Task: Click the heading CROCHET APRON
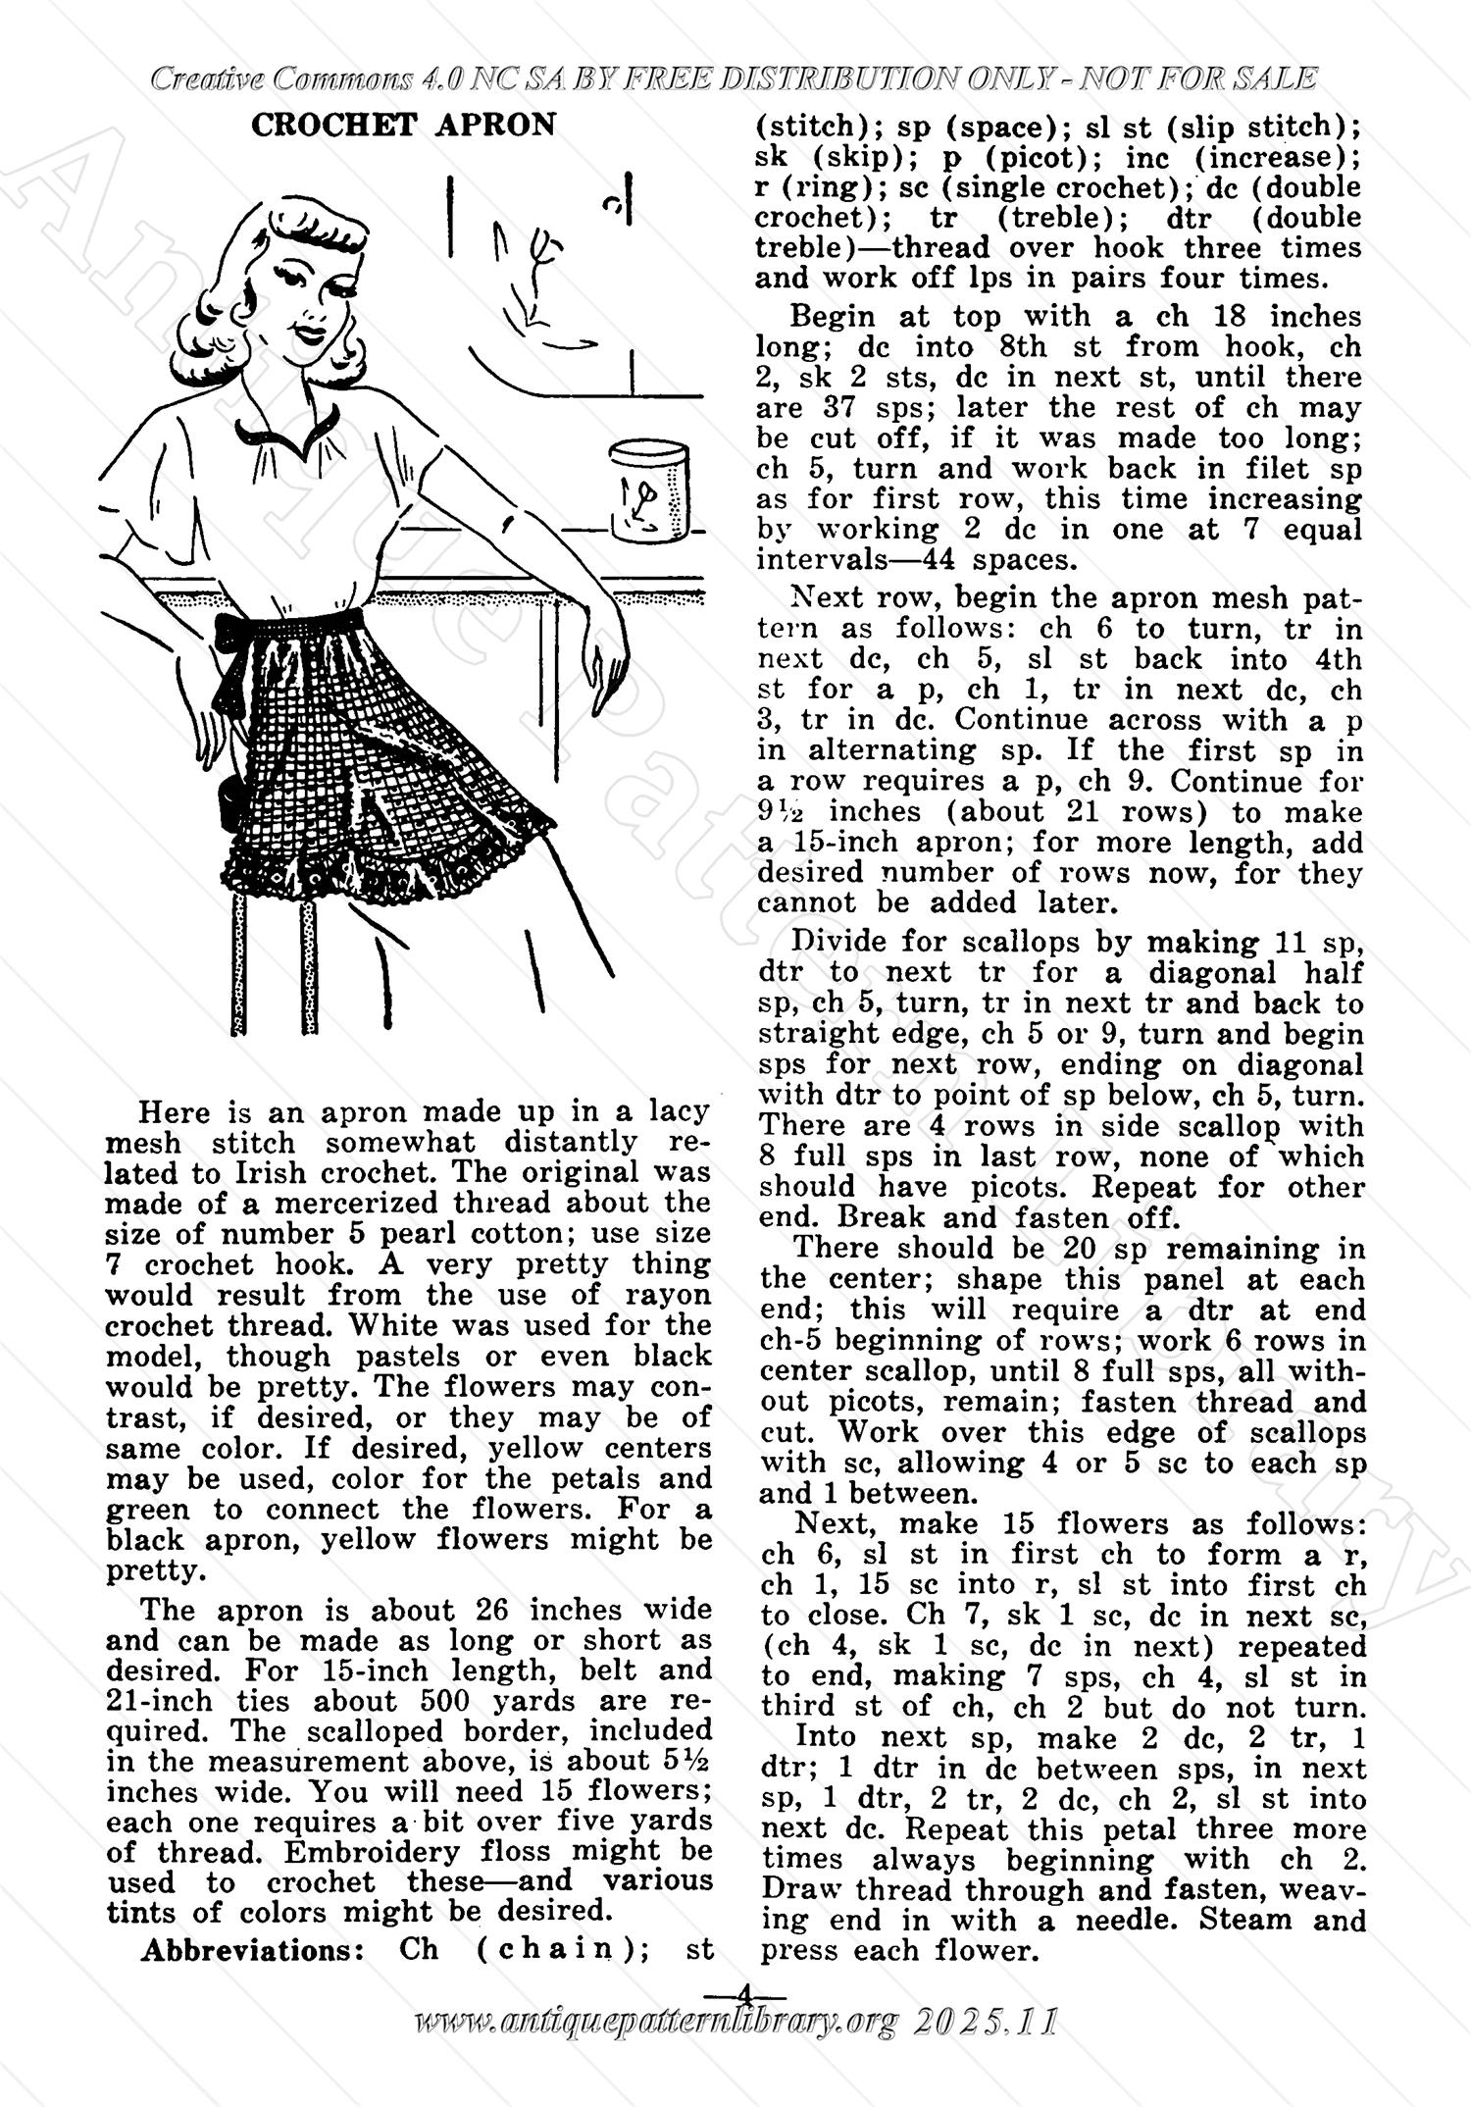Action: (403, 126)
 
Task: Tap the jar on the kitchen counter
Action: (648, 492)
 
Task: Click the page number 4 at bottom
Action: (745, 1994)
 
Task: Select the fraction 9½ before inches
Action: (785, 812)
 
